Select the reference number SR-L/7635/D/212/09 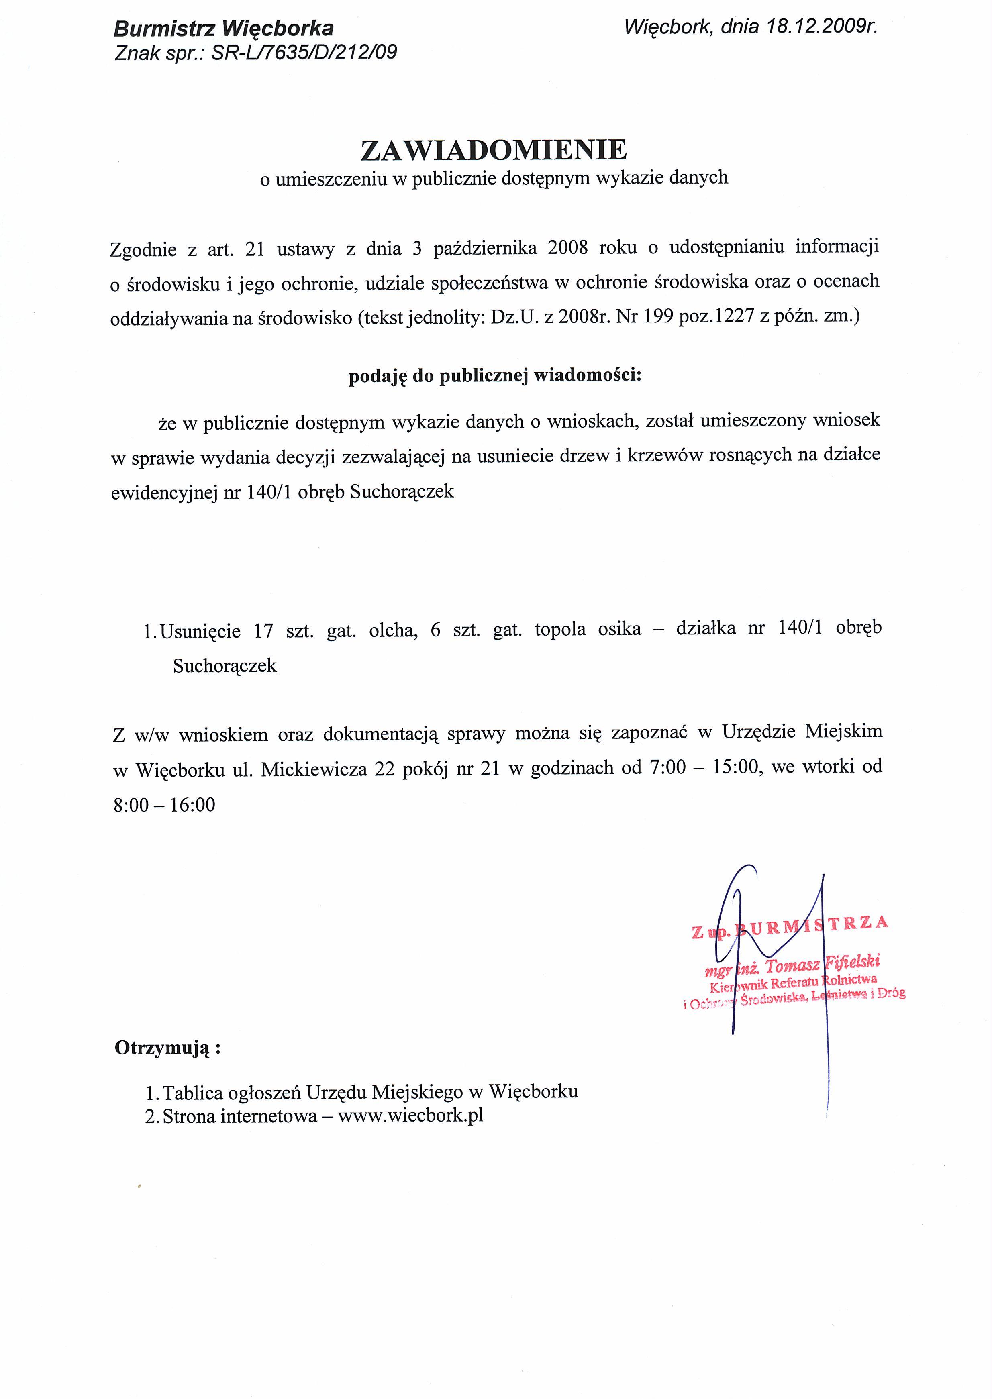[304, 53]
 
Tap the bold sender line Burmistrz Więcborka [224, 29]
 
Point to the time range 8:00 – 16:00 [164, 805]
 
